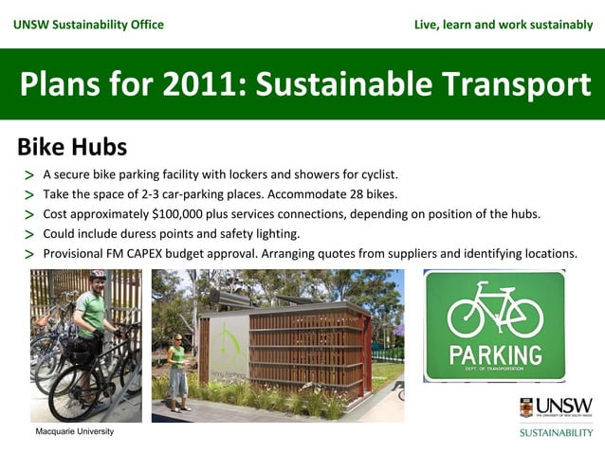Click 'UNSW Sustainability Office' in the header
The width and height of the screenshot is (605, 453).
[x=88, y=24]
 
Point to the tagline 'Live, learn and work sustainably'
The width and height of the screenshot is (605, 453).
[x=504, y=24]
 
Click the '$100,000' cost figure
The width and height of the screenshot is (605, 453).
[x=183, y=214]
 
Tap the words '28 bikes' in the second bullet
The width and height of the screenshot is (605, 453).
[x=372, y=194]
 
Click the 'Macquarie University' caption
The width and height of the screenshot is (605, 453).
[x=74, y=431]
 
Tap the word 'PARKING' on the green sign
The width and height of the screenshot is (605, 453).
[x=495, y=355]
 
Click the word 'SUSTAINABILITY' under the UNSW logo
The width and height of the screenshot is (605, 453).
[x=556, y=432]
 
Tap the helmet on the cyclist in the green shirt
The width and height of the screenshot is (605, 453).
[x=97, y=276]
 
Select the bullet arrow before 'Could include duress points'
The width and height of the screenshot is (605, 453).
[x=29, y=235]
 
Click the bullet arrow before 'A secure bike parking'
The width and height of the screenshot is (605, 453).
[x=29, y=175]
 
